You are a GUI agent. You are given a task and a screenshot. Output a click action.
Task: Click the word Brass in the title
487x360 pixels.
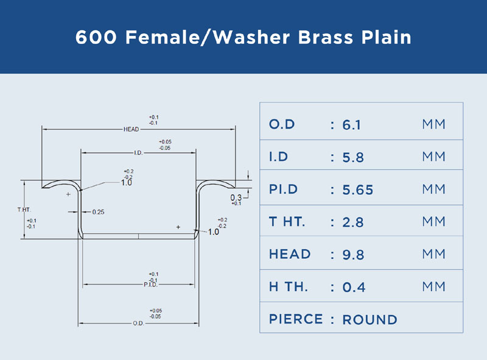point(326,37)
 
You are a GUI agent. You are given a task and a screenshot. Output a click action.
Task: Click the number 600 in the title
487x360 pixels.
point(96,37)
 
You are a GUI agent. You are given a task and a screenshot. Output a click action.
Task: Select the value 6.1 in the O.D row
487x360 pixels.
point(352,125)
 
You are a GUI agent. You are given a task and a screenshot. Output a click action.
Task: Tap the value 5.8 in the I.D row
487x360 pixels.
point(353,157)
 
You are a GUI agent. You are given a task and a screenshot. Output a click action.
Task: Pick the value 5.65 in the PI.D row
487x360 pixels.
point(357,189)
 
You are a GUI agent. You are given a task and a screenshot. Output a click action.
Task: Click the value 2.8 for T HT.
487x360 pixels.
point(353,222)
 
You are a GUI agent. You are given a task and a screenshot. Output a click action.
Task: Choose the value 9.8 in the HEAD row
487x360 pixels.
point(353,255)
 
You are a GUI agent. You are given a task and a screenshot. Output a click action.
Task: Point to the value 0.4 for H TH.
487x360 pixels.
point(354,287)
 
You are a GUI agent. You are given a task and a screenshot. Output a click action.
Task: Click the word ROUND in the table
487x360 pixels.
point(370,320)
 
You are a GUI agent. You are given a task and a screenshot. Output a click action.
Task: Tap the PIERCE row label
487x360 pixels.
point(296,319)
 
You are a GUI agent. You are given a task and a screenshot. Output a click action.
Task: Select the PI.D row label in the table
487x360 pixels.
point(283,189)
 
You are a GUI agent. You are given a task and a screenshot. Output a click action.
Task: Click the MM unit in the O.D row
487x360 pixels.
point(433,124)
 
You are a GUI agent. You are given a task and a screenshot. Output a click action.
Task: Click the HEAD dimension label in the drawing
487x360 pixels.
point(131,129)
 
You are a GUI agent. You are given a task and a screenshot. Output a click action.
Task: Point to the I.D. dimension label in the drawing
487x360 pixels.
point(138,153)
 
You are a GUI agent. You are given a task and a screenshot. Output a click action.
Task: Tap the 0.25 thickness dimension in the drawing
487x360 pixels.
point(98,212)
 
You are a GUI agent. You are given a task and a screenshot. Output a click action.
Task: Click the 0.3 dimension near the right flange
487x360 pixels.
point(236,197)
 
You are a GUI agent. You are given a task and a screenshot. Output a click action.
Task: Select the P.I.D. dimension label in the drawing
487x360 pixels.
point(150,284)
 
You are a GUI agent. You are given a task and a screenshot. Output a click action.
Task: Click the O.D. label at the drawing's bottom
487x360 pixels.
point(139,323)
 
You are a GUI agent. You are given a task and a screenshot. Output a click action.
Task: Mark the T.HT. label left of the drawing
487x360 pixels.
point(24,210)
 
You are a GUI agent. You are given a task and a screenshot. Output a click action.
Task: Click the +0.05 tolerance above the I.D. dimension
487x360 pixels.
point(165,142)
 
